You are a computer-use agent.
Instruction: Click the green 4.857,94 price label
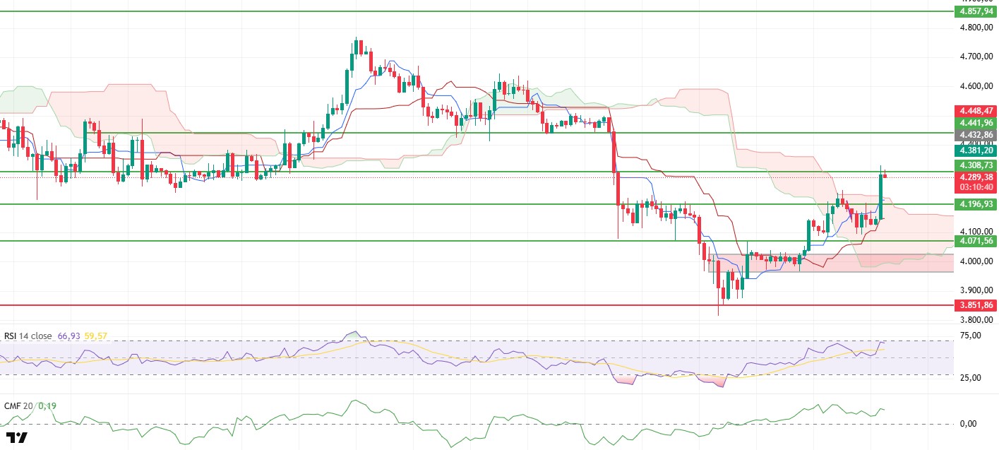(974, 12)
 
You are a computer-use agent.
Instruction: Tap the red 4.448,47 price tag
(974, 111)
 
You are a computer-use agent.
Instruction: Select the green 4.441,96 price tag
(974, 123)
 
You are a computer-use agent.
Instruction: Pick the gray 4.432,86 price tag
(974, 135)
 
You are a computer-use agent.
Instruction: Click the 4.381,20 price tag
(974, 150)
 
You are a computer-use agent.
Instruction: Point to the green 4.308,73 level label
(974, 165)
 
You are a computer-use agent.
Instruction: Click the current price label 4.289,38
(974, 177)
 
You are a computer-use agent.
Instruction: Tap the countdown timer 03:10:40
(974, 188)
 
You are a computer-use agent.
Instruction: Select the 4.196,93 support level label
(974, 204)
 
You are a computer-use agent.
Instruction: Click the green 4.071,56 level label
(974, 241)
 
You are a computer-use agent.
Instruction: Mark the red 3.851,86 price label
(974, 306)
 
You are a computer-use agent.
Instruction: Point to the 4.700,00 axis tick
(974, 57)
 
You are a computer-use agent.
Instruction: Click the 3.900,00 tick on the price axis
(974, 290)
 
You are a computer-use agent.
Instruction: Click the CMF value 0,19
(47, 406)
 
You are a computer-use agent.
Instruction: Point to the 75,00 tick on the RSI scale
(971, 335)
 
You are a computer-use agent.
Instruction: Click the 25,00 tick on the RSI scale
(971, 378)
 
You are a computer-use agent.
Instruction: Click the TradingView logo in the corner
(16, 437)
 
